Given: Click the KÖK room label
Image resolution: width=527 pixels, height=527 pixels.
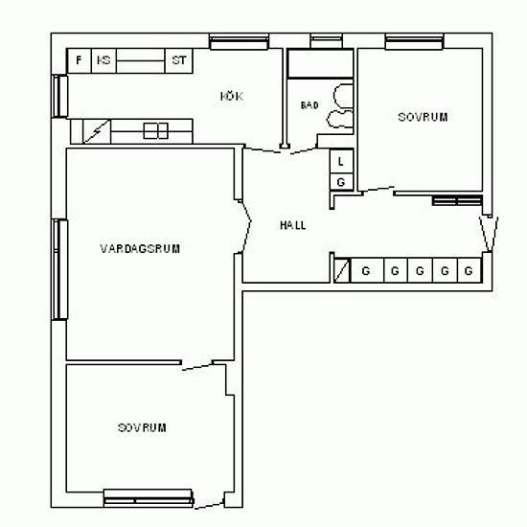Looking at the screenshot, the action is [x=232, y=97].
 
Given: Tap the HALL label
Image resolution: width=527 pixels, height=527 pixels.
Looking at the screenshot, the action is [x=293, y=225].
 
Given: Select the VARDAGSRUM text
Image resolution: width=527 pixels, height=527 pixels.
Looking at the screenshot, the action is [x=140, y=249].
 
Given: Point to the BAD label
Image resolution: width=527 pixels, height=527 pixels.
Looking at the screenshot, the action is [x=309, y=105].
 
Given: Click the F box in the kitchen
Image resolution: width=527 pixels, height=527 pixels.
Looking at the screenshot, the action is [x=79, y=60].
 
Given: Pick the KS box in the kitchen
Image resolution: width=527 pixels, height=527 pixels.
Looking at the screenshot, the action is [x=103, y=60].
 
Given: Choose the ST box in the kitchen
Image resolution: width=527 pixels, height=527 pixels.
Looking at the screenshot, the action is [x=179, y=60].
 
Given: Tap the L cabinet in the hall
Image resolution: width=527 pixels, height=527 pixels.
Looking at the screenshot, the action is [x=341, y=162].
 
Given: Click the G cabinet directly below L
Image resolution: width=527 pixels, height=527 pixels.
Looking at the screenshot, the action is [x=341, y=182].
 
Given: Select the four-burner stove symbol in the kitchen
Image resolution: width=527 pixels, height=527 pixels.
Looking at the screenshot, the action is [x=155, y=130].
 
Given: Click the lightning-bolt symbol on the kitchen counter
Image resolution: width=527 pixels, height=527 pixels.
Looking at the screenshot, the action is [x=97, y=131].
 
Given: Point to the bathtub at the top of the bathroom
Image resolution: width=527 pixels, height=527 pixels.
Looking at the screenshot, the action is [x=321, y=63].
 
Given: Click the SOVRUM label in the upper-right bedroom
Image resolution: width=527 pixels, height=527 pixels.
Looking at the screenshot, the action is [x=423, y=117].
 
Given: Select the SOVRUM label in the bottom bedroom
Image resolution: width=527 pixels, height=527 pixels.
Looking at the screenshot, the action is [x=142, y=427].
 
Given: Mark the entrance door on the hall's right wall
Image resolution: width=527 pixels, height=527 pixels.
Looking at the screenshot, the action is [x=489, y=234].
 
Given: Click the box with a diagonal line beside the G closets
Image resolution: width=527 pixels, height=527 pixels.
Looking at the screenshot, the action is [x=342, y=270].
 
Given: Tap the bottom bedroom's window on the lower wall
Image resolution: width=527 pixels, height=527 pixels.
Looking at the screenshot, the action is [x=149, y=498].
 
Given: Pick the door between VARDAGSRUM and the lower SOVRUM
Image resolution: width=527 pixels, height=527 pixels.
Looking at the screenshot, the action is [x=197, y=366].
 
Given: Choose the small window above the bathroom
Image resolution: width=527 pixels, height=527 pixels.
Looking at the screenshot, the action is [x=326, y=41].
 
